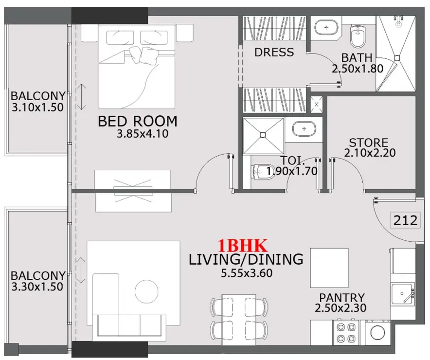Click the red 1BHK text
coord(242,245)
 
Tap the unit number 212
coord(405,220)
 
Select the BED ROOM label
coord(138,121)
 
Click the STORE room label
coord(369,143)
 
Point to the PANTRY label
coord(342,297)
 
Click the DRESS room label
coord(274,52)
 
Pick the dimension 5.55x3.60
coord(246,273)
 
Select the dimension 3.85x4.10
coord(142,134)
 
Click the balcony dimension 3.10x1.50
coord(37,108)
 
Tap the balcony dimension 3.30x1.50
coord(37,287)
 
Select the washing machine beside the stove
coord(377,333)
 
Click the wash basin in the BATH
coord(323,27)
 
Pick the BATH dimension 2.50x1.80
coord(358,69)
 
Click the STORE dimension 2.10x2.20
coord(370,153)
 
